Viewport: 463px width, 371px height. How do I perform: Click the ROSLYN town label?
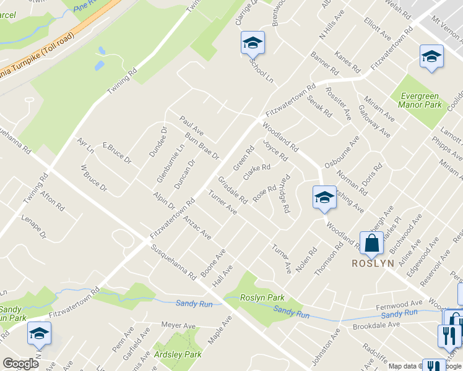[x=373, y=263]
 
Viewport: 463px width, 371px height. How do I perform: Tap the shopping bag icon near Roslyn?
[x=371, y=242]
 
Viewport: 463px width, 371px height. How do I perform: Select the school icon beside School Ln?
[x=253, y=43]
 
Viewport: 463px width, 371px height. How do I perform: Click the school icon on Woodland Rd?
[x=324, y=198]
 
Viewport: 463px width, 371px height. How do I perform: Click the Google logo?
[x=20, y=364]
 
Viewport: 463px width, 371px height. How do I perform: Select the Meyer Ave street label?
[x=178, y=325]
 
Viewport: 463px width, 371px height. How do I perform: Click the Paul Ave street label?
[x=192, y=124]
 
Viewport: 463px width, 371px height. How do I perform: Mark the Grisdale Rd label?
[x=233, y=190]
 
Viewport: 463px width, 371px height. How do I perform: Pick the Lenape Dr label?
[x=34, y=227]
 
